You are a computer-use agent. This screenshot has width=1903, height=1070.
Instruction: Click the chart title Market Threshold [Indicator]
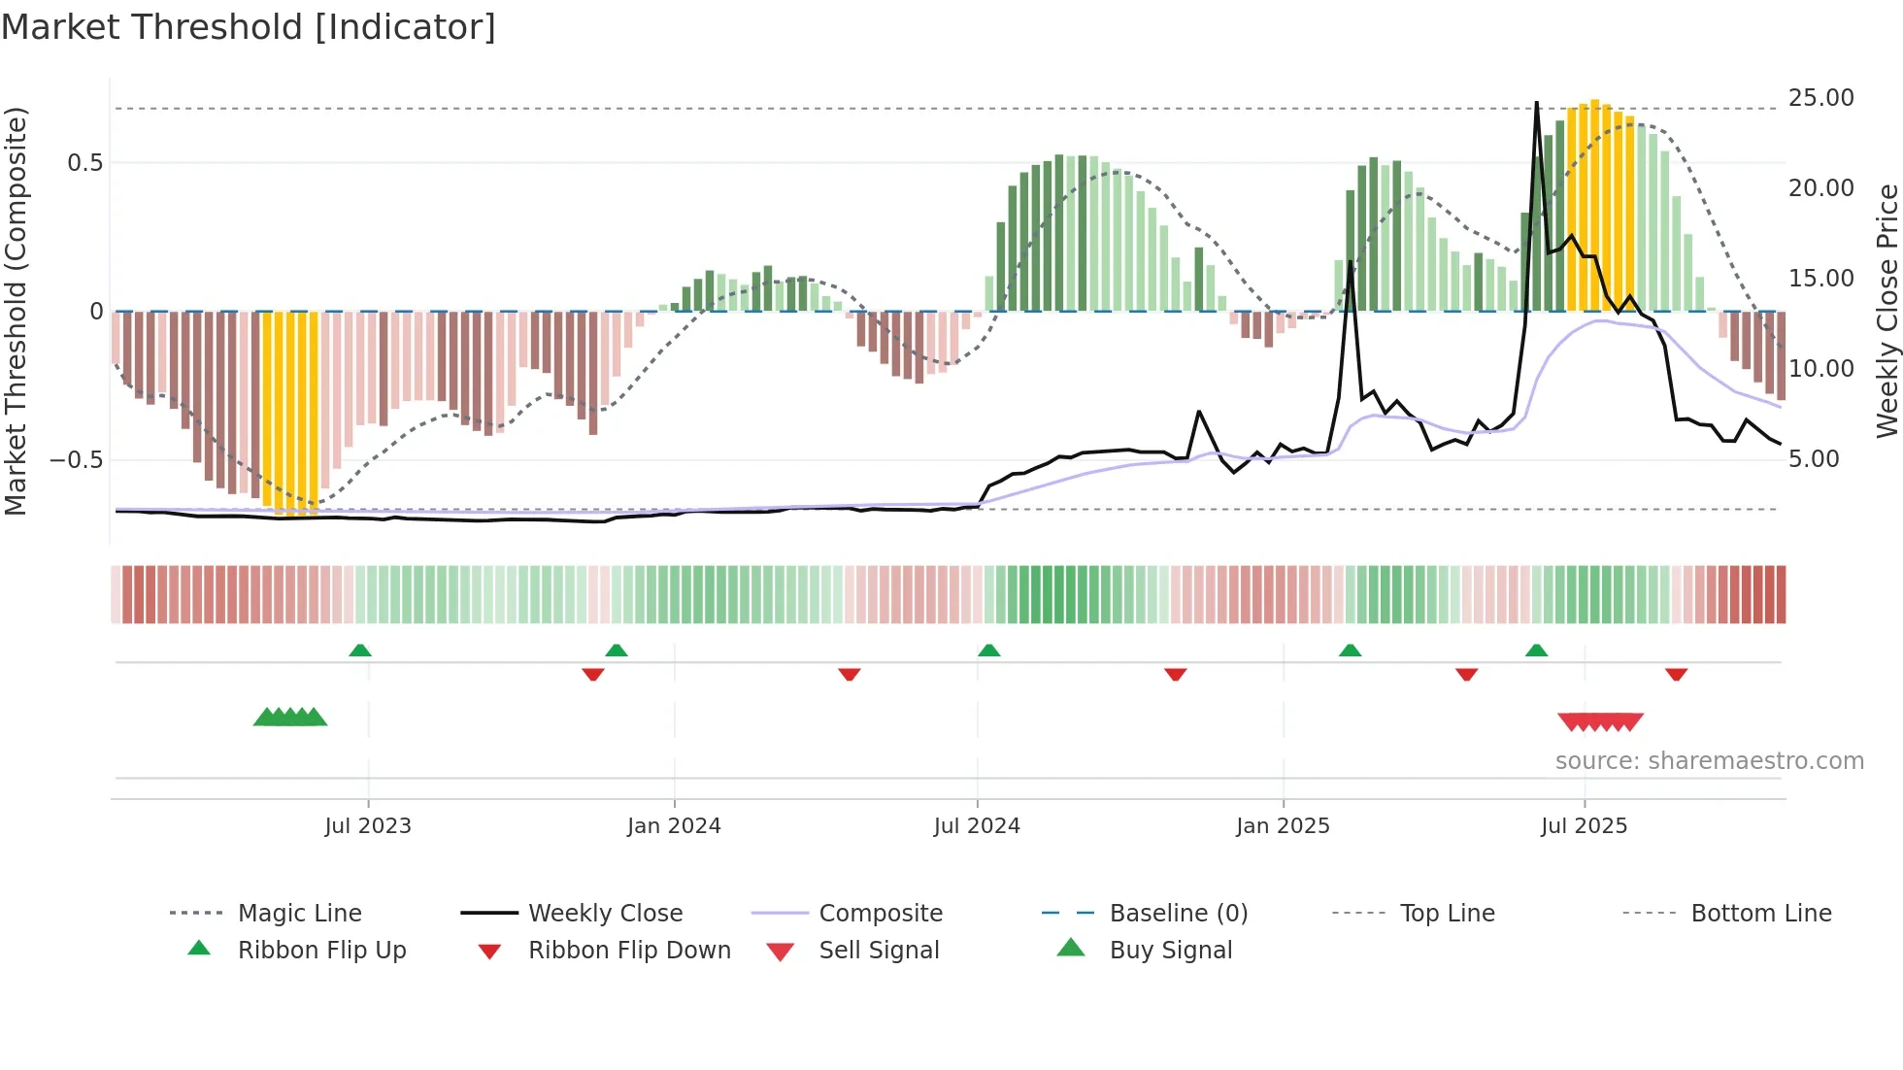pyautogui.click(x=249, y=27)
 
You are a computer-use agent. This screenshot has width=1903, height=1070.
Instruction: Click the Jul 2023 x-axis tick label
pyautogui.click(x=368, y=826)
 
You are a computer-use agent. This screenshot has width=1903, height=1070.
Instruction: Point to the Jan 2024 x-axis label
pyautogui.click(x=674, y=826)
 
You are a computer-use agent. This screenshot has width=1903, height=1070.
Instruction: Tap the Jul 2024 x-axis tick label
pyautogui.click(x=977, y=826)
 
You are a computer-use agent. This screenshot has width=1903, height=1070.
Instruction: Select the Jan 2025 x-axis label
pyautogui.click(x=1283, y=826)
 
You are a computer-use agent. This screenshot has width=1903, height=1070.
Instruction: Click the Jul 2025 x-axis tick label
pyautogui.click(x=1584, y=826)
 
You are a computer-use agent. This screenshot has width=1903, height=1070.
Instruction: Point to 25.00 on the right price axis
pyautogui.click(x=1820, y=98)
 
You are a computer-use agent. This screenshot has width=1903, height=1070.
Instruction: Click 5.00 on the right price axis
pyautogui.click(x=1814, y=459)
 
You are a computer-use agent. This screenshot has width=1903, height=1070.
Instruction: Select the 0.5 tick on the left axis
pyautogui.click(x=84, y=163)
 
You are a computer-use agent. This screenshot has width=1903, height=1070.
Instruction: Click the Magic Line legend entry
pyautogui.click(x=299, y=914)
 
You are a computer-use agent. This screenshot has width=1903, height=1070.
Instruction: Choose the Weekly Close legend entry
pyautogui.click(x=605, y=914)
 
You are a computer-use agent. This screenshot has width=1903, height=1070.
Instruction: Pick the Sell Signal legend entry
pyautogui.click(x=879, y=951)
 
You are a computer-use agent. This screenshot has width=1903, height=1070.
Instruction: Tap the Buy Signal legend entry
pyautogui.click(x=1170, y=951)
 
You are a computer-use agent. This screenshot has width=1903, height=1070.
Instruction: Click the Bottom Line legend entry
pyautogui.click(x=1760, y=914)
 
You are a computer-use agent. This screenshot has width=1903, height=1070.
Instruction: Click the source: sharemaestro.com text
pyautogui.click(x=1709, y=761)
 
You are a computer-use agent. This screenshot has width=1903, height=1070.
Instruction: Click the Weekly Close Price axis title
pyautogui.click(x=1886, y=311)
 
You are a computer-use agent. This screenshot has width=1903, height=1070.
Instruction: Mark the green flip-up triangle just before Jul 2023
pyautogui.click(x=360, y=651)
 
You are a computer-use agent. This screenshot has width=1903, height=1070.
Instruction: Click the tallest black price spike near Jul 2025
pyautogui.click(x=1536, y=104)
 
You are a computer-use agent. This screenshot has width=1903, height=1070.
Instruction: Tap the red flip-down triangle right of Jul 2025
pyautogui.click(x=1676, y=674)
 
